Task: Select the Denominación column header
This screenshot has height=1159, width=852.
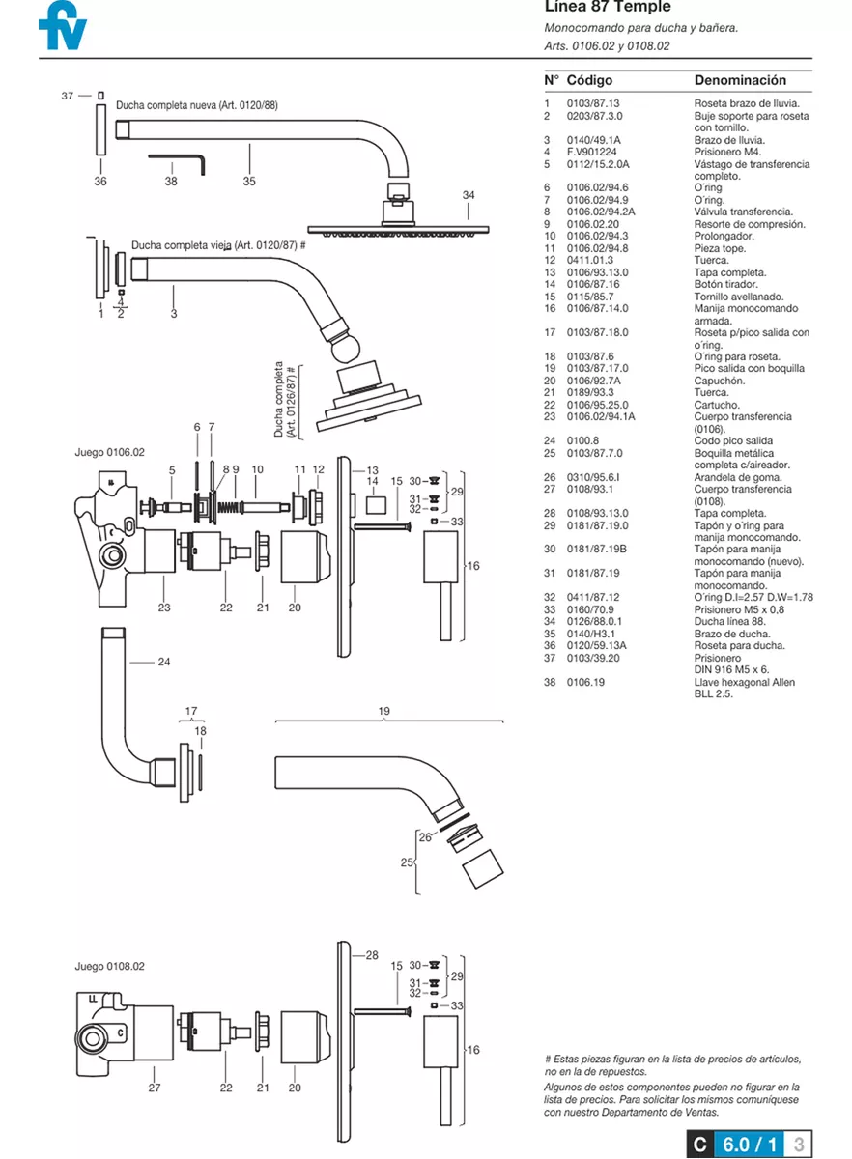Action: click(740, 80)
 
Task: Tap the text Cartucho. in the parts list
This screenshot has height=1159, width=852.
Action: click(717, 405)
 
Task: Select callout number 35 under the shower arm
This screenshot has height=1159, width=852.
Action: click(249, 181)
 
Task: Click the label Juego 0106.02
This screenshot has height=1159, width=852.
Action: click(109, 452)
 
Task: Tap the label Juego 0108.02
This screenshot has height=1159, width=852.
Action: click(109, 966)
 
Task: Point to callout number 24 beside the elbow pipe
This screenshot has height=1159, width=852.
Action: click(163, 662)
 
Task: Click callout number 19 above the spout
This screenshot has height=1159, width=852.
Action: click(384, 712)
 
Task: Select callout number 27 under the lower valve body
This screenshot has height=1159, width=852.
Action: click(154, 1088)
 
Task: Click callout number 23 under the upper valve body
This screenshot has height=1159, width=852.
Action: click(164, 608)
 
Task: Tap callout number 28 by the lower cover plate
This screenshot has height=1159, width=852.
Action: click(372, 955)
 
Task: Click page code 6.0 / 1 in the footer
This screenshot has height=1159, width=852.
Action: click(749, 1145)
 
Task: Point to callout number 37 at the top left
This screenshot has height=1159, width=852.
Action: click(67, 96)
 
